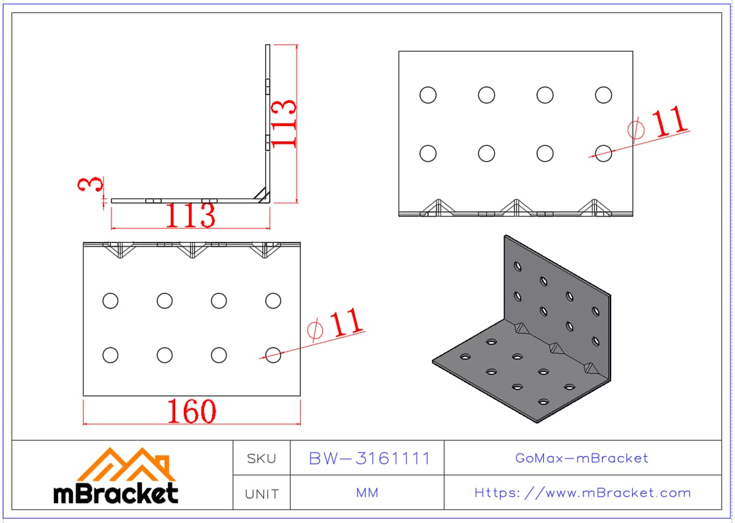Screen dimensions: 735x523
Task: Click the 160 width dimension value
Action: [192, 411]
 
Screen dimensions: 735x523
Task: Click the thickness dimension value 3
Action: [90, 184]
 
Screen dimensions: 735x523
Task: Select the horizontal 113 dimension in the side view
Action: [190, 215]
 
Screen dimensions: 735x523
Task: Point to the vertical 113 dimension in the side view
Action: [283, 124]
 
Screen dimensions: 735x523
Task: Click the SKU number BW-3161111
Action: [369, 458]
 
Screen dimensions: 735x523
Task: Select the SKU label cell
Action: [262, 457]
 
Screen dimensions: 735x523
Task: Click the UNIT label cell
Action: [262, 492]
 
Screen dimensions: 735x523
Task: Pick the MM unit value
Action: [367, 492]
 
